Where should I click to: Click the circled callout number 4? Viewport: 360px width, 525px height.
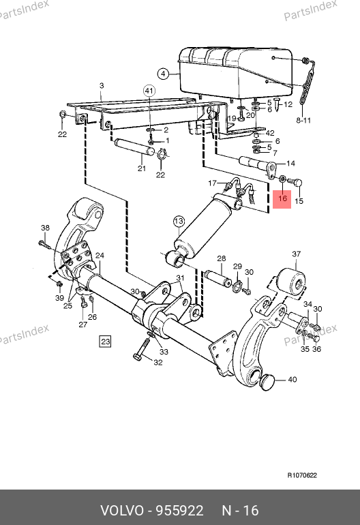[x=163, y=74]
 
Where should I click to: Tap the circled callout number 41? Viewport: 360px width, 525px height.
[x=149, y=91]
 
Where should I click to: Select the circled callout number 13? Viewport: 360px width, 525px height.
[x=179, y=221]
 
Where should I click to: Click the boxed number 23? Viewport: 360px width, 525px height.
[x=105, y=342]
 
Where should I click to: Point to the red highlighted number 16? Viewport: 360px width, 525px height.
[x=282, y=198]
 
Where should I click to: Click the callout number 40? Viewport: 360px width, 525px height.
[x=292, y=379]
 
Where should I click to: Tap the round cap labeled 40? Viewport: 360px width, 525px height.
[x=267, y=382]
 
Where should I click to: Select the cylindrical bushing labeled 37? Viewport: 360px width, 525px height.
[x=291, y=284]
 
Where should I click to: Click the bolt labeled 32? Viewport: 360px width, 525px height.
[x=142, y=349]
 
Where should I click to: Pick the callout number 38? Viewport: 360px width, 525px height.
[x=45, y=228]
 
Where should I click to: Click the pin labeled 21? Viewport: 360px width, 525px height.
[x=134, y=147]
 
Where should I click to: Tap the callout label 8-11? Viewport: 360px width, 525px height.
[x=303, y=120]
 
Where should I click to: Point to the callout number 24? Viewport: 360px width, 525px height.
[x=100, y=256]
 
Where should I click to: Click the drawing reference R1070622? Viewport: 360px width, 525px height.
[x=302, y=475]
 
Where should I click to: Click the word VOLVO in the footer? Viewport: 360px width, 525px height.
[x=122, y=510]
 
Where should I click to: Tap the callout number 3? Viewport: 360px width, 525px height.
[x=102, y=86]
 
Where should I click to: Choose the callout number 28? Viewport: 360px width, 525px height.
[x=222, y=258]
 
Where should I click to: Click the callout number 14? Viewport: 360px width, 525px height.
[x=290, y=164]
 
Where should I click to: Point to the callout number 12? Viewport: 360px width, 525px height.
[x=288, y=104]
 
